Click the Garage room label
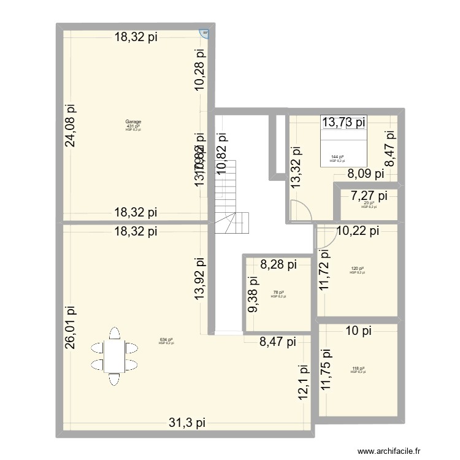click(x=132, y=121)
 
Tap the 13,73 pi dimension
click(x=344, y=122)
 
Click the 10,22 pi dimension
click(x=358, y=231)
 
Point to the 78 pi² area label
click(x=278, y=293)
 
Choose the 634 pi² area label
click(x=166, y=339)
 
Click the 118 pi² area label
click(x=358, y=368)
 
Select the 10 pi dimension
click(x=358, y=331)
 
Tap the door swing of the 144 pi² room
click(x=301, y=210)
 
